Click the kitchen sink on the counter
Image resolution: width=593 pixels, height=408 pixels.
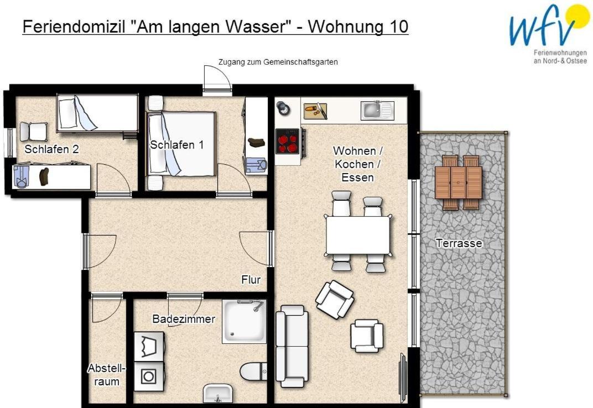[x=377, y=111]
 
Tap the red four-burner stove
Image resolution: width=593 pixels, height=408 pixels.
[x=288, y=141]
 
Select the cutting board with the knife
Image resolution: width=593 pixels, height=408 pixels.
[x=316, y=111]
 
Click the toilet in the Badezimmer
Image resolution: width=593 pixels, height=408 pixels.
[x=253, y=372]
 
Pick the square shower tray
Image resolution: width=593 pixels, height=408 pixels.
[x=244, y=321]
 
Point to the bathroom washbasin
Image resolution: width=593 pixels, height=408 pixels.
[x=218, y=393]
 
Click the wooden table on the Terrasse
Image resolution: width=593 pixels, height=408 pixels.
[x=459, y=182]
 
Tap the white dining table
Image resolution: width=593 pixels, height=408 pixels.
[x=358, y=234]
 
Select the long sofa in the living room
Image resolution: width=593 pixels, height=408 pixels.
[x=292, y=346]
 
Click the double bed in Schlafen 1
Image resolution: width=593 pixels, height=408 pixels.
[x=181, y=144]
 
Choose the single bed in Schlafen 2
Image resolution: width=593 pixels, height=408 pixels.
[x=97, y=113]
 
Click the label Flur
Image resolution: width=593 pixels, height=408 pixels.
[x=251, y=280]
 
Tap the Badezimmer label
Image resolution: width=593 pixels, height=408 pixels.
[x=184, y=319]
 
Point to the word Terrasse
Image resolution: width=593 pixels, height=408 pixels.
[x=459, y=243]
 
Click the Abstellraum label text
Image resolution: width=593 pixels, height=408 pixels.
[x=106, y=375]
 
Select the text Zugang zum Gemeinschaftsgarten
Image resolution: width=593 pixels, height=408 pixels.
[x=278, y=62]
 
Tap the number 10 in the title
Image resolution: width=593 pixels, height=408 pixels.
[x=397, y=27]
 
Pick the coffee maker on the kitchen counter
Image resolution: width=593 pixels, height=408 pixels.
[x=283, y=108]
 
